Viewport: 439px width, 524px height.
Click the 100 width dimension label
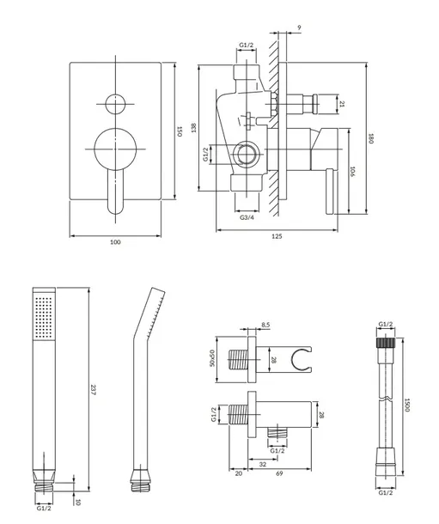coord(115,242)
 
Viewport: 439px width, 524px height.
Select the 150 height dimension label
coord(180,131)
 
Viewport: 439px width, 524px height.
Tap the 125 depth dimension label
coord(277,236)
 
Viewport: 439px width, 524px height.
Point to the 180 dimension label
coord(370,138)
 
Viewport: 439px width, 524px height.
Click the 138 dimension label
coord(194,128)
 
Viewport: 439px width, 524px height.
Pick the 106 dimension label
coord(352,172)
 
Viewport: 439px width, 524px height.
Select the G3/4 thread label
coord(247,217)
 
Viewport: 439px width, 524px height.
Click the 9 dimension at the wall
coord(299,27)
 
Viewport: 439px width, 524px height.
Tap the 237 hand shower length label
coord(93,390)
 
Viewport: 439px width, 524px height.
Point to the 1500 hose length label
coord(407,405)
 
